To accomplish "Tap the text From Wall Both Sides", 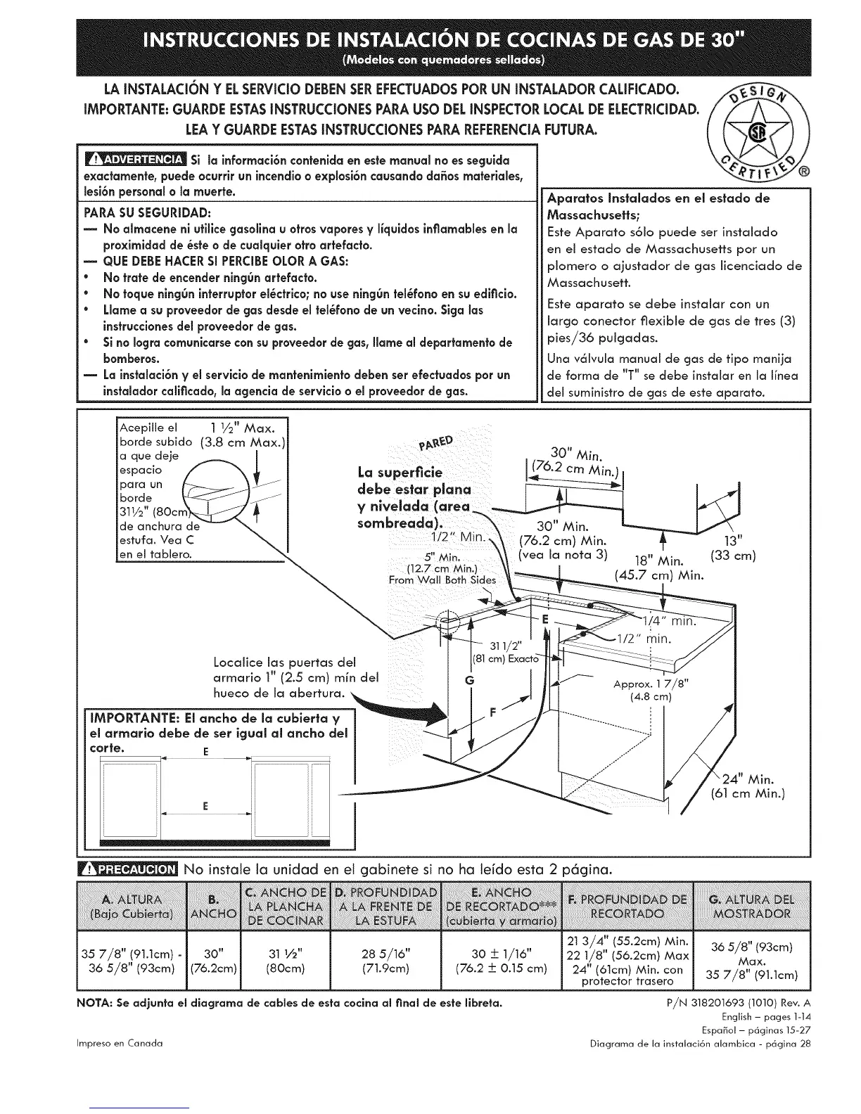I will pos(442,580).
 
